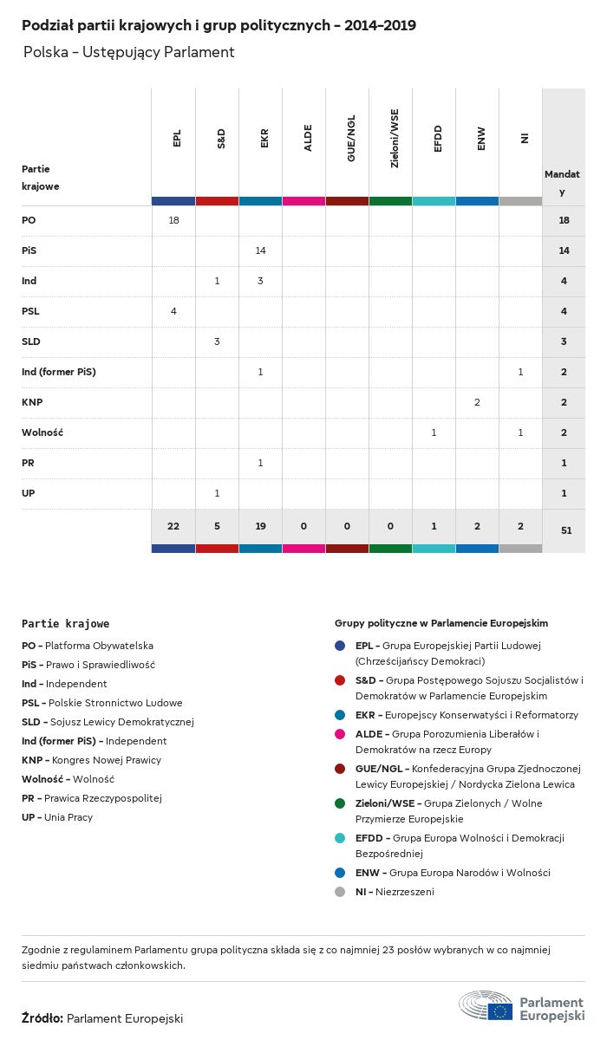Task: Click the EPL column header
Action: click(177, 139)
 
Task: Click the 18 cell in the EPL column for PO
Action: click(173, 220)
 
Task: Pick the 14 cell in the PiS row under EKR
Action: click(260, 250)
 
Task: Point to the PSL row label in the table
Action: click(30, 311)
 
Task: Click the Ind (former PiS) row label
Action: click(58, 372)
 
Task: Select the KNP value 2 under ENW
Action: click(477, 402)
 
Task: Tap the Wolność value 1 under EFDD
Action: click(434, 432)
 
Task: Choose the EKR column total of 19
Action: click(260, 526)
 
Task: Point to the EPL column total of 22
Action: click(173, 526)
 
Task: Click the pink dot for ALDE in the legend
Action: click(340, 734)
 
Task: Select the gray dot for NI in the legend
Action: click(340, 892)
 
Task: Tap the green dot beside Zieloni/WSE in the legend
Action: click(340, 803)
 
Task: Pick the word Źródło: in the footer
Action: click(42, 1018)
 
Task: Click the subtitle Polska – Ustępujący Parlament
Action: click(128, 52)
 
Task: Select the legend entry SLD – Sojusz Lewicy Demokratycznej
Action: click(108, 722)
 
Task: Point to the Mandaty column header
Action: click(563, 182)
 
